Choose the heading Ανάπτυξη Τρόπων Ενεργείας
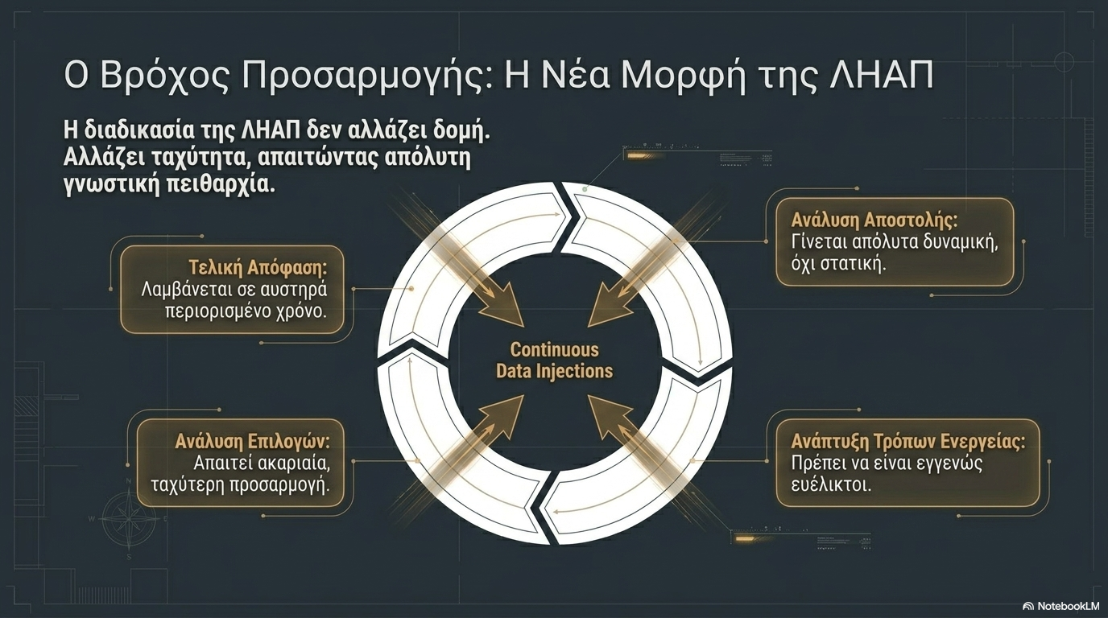pyautogui.click(x=907, y=441)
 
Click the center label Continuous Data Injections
pyautogui.click(x=554, y=360)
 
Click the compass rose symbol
pyautogui.click(x=128, y=518)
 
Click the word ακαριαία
pyautogui.click(x=291, y=463)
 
